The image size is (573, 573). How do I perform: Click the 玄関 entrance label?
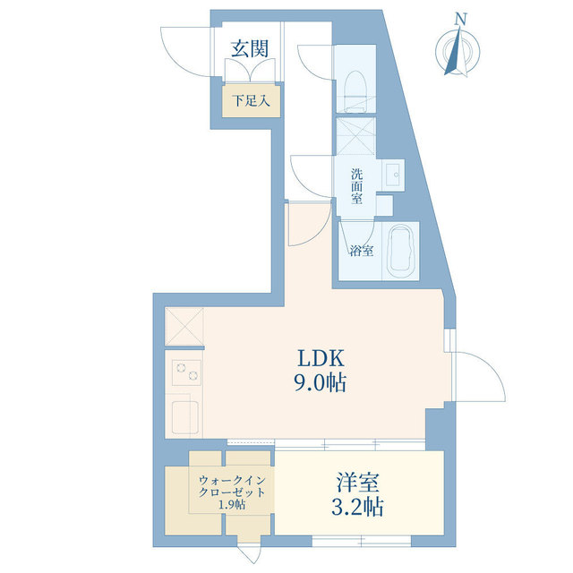(x=250, y=48)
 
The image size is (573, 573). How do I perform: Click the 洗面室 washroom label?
(x=357, y=185)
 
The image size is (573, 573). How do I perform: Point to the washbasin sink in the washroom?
(x=392, y=173)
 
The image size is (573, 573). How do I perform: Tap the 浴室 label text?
(x=362, y=252)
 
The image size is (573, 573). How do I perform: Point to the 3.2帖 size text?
(x=356, y=508)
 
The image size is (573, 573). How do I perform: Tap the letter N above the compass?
(x=460, y=17)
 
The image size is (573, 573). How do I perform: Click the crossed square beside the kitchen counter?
(x=184, y=326)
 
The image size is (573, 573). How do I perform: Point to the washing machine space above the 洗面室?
(x=357, y=136)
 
